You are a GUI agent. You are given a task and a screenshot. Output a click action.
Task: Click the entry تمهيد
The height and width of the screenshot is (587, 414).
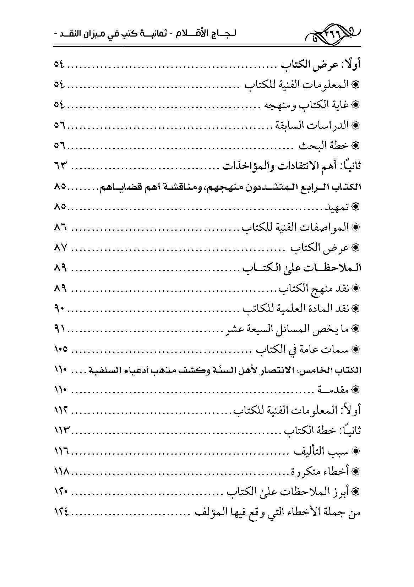click(x=337, y=207)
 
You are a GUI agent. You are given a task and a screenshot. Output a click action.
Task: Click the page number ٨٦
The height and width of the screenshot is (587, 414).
click(x=61, y=227)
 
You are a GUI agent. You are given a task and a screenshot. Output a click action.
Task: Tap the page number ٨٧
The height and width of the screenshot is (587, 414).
click(x=61, y=248)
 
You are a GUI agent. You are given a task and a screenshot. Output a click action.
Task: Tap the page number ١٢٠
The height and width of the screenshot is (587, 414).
click(x=61, y=492)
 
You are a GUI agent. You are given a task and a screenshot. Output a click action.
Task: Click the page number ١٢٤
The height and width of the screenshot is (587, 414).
click(x=61, y=512)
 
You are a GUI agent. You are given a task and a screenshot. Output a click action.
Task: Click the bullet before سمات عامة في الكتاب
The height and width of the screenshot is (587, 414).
click(x=355, y=350)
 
